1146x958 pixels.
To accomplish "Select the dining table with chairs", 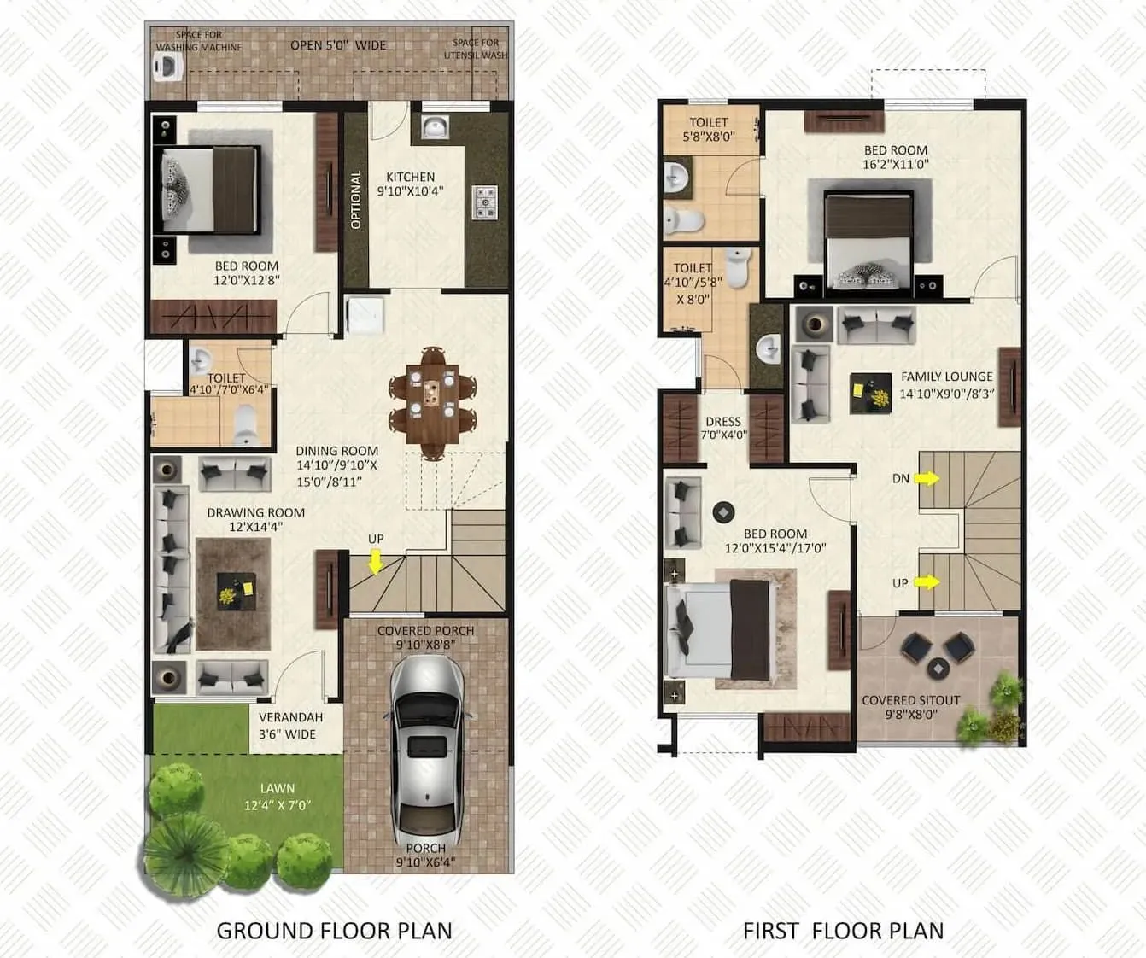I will pyautogui.click(x=432, y=401).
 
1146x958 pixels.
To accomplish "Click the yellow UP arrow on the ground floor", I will pyautogui.click(x=376, y=562).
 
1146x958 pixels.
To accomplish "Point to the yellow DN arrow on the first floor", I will pyautogui.click(x=927, y=479).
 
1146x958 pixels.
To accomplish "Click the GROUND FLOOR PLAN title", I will pyautogui.click(x=334, y=930).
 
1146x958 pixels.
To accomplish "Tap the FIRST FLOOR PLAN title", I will pyautogui.click(x=843, y=930).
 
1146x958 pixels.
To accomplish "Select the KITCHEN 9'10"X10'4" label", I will pyautogui.click(x=411, y=184).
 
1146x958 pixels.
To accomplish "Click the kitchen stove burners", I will pyautogui.click(x=485, y=203).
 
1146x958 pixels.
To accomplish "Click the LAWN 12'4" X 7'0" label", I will pyautogui.click(x=278, y=797).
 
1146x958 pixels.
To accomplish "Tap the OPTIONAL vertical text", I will pyautogui.click(x=356, y=200).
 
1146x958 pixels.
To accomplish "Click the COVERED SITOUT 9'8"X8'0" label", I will pyautogui.click(x=911, y=707).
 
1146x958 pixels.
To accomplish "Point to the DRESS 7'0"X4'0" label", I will pyautogui.click(x=723, y=428).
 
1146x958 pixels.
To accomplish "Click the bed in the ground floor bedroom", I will pyautogui.click(x=210, y=190).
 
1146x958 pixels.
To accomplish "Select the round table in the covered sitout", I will pyautogui.click(x=938, y=668).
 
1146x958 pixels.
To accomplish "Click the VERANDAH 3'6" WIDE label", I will pyautogui.click(x=290, y=726).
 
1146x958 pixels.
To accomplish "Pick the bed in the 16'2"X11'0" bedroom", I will pyautogui.click(x=868, y=237).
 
